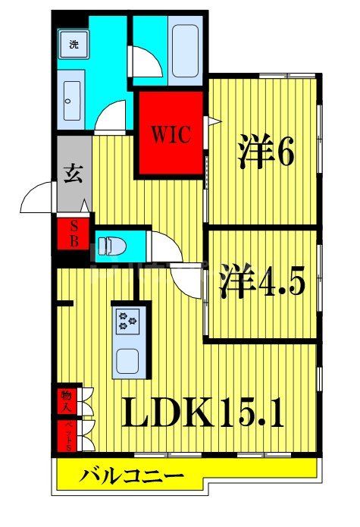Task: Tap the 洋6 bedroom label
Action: coord(265,152)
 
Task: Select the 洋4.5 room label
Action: coord(262,281)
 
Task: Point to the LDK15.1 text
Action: coord(202,413)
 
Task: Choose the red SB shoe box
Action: coord(74,232)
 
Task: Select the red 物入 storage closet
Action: coord(66,400)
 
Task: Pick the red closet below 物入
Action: coord(66,437)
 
